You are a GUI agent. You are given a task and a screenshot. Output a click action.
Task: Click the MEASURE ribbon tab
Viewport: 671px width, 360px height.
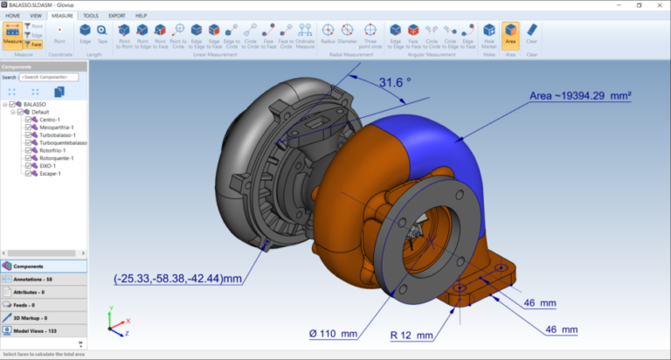tap(63, 16)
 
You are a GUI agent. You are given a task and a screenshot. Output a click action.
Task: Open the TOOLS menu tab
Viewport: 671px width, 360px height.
tap(92, 16)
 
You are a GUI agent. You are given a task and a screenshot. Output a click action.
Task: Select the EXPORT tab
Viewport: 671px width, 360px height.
tap(117, 16)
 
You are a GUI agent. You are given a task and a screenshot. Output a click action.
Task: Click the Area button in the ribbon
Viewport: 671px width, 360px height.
tap(510, 38)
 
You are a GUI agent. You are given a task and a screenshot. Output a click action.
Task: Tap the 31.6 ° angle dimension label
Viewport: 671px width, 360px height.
tap(394, 84)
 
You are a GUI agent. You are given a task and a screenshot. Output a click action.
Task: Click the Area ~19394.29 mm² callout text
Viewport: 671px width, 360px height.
tap(580, 95)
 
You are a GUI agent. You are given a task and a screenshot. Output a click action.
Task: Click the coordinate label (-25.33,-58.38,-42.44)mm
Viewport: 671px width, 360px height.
tap(177, 280)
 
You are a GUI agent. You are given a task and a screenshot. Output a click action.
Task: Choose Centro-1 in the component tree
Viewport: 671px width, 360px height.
tap(50, 120)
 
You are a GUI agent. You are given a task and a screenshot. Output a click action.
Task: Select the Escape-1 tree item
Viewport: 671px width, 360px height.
tap(49, 174)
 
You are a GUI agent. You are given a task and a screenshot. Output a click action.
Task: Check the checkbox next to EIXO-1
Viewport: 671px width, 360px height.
tap(29, 166)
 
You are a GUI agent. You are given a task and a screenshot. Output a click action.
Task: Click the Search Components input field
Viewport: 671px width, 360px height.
tap(48, 77)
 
